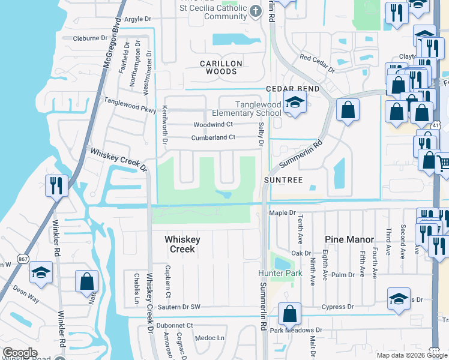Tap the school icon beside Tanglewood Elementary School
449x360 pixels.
point(295,103)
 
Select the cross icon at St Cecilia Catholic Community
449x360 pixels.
point(256,11)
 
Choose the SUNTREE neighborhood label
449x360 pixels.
point(284,179)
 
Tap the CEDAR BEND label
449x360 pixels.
point(292,89)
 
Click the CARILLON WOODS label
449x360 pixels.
point(221,67)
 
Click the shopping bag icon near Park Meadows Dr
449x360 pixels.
point(289,313)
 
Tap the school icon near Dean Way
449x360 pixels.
point(41,274)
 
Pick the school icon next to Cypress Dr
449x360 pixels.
point(399,299)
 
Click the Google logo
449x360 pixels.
point(20,353)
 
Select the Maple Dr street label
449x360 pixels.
point(283,212)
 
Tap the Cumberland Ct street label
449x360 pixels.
point(213,137)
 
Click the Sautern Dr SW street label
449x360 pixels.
point(178,307)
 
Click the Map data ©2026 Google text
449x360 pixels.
point(411,355)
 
